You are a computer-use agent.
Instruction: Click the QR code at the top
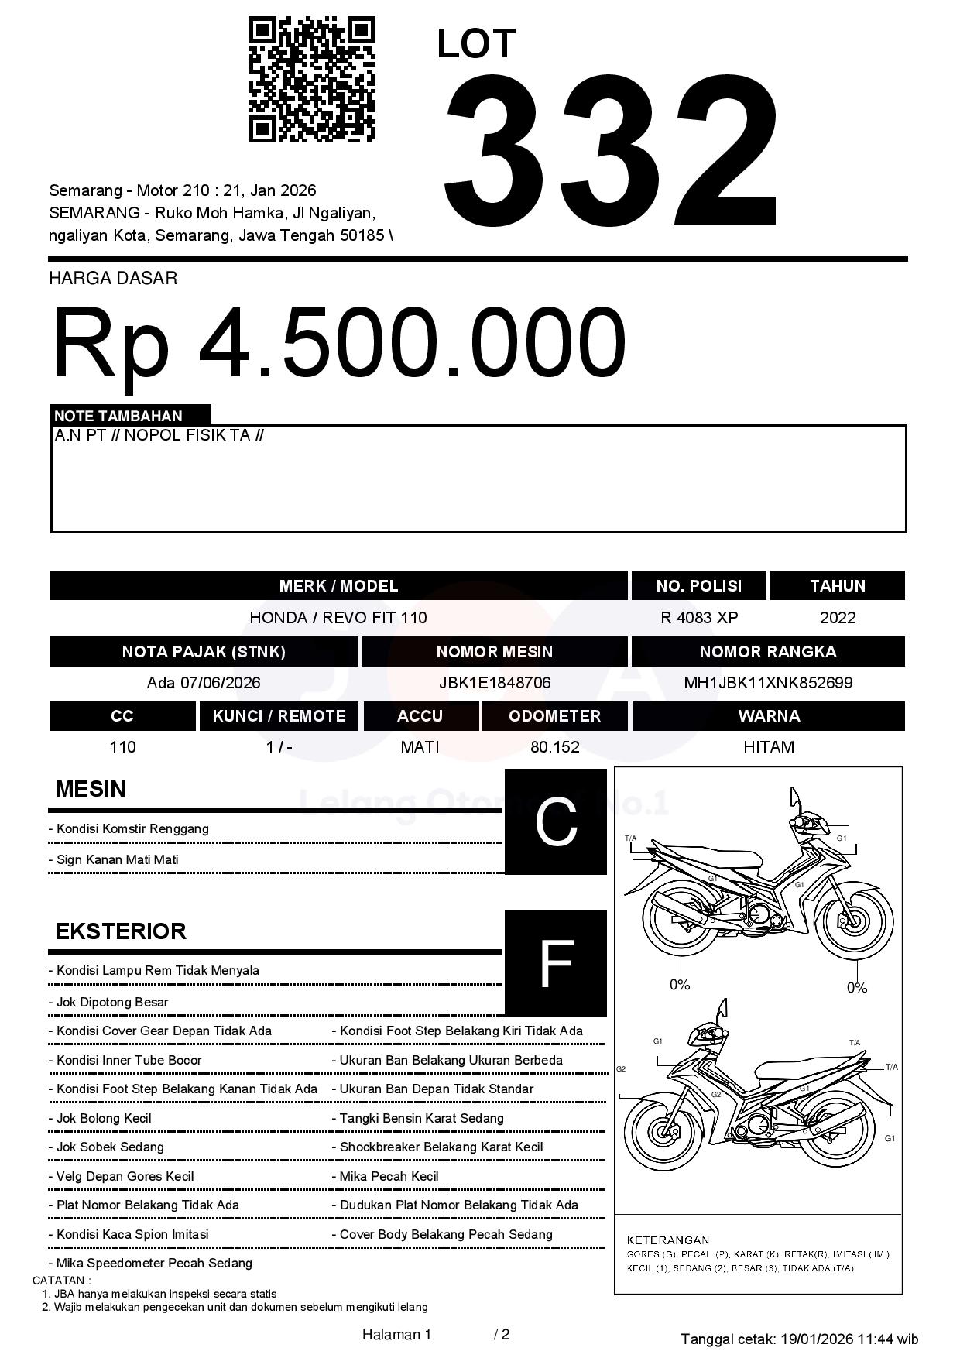(x=311, y=80)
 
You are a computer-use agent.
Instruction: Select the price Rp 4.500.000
(x=338, y=342)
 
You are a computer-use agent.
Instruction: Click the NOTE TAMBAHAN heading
(x=118, y=416)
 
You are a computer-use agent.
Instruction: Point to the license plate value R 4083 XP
(x=699, y=618)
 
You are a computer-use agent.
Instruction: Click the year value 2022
(x=838, y=618)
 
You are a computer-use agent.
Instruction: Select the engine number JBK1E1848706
(x=495, y=683)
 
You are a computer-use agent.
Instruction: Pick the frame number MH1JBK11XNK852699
(x=768, y=683)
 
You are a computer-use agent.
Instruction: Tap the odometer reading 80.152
(x=554, y=747)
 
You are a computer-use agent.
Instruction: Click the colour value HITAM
(x=769, y=747)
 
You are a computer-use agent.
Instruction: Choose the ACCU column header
(x=420, y=716)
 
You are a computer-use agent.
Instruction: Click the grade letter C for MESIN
(x=555, y=821)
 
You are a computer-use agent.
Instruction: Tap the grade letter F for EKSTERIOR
(x=555, y=964)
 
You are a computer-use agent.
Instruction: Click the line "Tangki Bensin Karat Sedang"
(x=421, y=1118)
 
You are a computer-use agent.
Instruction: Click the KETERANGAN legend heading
(x=667, y=1240)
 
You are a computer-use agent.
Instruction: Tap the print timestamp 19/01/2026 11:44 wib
(x=849, y=1339)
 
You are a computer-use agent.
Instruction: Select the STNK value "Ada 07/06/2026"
(x=204, y=683)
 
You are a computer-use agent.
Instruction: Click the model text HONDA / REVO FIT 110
(x=338, y=618)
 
